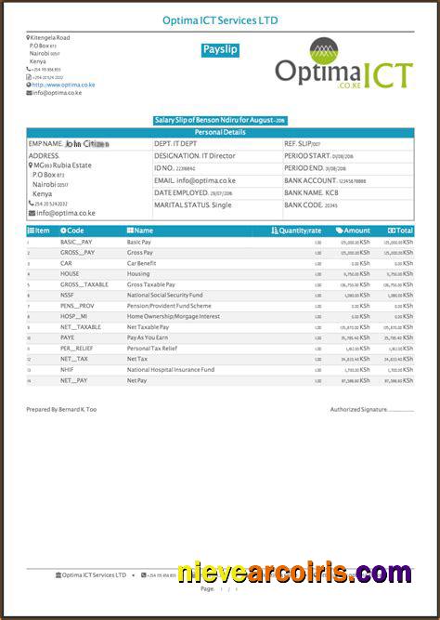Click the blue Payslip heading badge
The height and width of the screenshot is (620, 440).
[220, 50]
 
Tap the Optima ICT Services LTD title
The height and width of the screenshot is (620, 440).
[220, 20]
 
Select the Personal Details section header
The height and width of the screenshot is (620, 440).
[220, 132]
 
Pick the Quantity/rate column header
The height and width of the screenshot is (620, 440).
[297, 230]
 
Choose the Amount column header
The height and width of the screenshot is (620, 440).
[354, 230]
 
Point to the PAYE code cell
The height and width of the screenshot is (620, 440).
[68, 337]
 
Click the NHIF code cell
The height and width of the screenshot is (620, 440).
[67, 369]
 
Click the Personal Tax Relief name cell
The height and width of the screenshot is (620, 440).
[151, 348]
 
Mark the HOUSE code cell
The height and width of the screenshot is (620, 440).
[70, 273]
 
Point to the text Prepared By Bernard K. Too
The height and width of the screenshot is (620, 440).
[61, 409]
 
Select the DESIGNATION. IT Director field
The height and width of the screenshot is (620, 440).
[192, 156]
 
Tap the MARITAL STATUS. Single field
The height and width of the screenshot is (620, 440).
[193, 204]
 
